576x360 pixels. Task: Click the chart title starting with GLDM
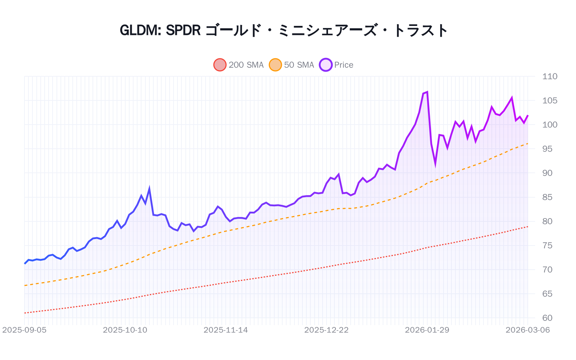[x=284, y=30]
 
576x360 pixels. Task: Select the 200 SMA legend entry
[x=239, y=65]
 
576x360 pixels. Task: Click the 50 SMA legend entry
[x=292, y=65]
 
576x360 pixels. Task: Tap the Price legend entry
[x=337, y=65]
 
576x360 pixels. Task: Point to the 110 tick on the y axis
[x=550, y=76]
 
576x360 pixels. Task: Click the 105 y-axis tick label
[x=550, y=100]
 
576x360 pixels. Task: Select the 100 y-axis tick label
[x=550, y=125]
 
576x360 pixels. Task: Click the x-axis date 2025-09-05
[x=24, y=330]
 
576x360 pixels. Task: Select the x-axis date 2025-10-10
[x=125, y=330]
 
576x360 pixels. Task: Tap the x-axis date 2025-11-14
[x=226, y=330]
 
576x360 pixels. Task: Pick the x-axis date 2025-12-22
[x=327, y=330]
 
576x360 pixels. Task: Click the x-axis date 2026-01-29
[x=427, y=330]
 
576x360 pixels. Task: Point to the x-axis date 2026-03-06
[x=528, y=330]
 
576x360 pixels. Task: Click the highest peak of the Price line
[x=427, y=92]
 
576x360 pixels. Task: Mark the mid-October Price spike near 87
[x=149, y=189]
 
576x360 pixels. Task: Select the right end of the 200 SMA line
[x=528, y=226]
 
